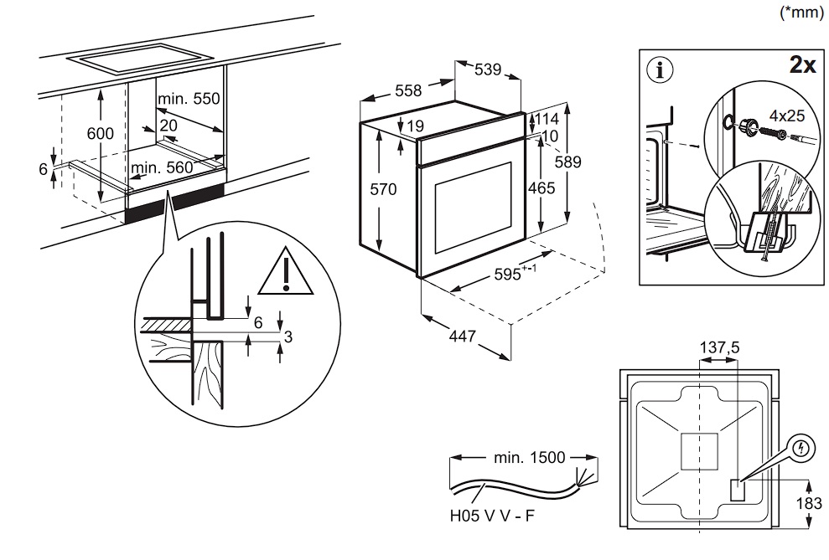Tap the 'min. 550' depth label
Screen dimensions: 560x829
coord(189,99)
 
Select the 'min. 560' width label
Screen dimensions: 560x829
coord(162,167)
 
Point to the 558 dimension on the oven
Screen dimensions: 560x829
coord(407,91)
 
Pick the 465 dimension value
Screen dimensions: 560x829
coord(541,188)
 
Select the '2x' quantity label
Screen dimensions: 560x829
coord(802,66)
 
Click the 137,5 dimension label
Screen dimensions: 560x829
coord(719,347)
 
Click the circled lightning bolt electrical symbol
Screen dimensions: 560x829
coord(802,450)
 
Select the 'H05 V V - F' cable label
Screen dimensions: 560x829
coord(492,516)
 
